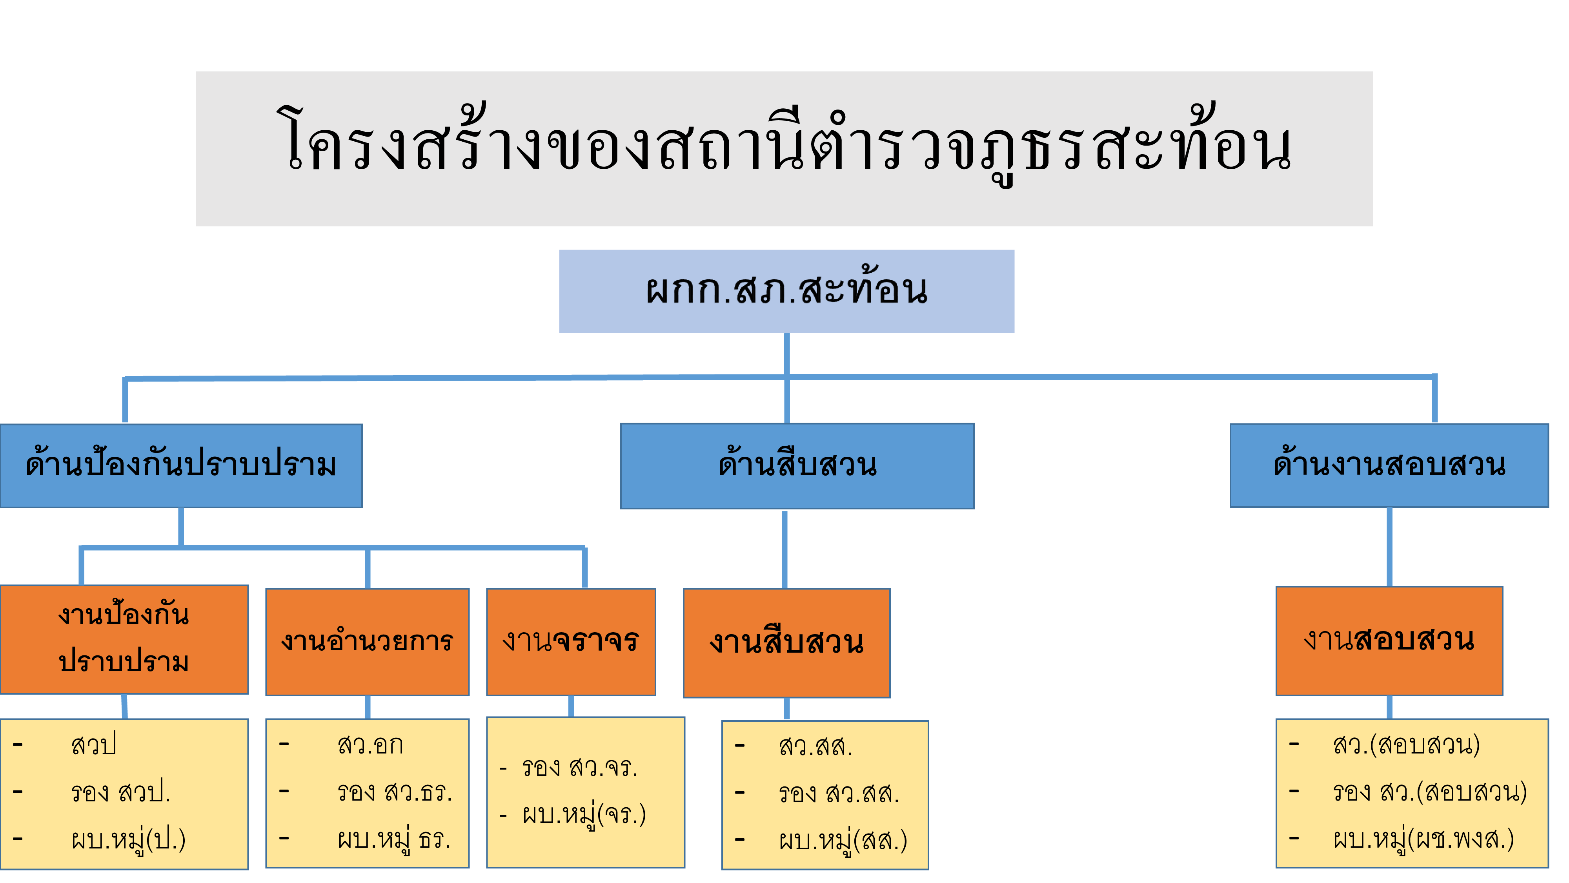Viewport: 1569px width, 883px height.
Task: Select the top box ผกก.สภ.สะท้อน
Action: tap(786, 291)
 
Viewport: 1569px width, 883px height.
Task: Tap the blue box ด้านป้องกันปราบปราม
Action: tap(181, 465)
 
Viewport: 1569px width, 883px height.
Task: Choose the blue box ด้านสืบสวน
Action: tap(797, 465)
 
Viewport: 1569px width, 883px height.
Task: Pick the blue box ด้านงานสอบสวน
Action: tap(1389, 465)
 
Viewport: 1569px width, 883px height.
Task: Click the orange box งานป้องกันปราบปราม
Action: tap(124, 639)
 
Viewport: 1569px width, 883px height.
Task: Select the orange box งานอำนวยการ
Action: tap(367, 641)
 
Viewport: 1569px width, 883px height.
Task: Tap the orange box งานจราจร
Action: tap(571, 641)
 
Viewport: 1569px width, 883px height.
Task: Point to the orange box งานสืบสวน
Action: tap(786, 642)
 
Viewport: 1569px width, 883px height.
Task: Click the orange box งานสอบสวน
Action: tap(1389, 640)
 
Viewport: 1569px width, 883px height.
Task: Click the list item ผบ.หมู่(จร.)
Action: tap(584, 815)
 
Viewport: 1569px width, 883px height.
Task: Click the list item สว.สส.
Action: tap(815, 746)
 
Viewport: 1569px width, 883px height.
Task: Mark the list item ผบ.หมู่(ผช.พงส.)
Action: tap(1423, 839)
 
